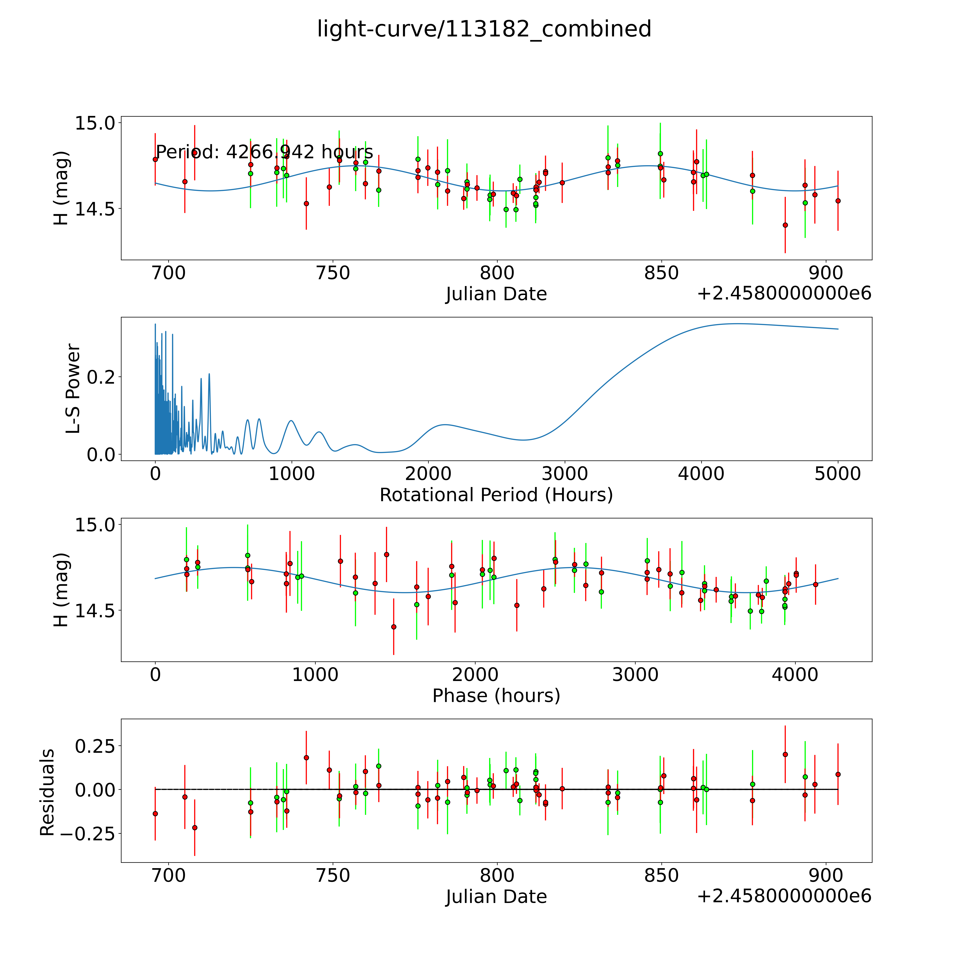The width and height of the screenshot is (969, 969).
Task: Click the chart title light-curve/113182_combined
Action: click(484, 29)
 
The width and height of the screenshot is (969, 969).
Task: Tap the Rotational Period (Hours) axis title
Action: click(496, 495)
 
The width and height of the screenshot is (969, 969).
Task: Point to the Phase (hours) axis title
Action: click(496, 696)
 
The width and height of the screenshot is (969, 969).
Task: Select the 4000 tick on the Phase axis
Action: click(795, 675)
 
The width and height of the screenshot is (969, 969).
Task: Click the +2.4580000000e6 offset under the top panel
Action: click(784, 293)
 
